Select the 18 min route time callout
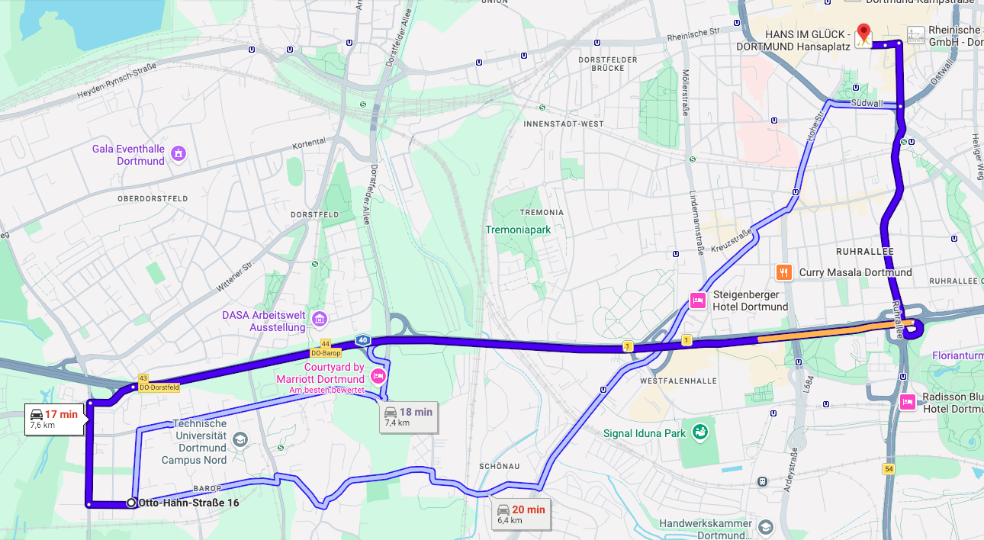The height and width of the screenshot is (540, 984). (409, 416)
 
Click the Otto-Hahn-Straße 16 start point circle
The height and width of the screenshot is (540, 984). (131, 503)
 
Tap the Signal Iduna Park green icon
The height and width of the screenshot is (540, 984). (699, 433)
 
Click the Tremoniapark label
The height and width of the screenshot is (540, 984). (518, 229)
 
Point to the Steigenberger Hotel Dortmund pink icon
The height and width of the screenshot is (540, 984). (697, 301)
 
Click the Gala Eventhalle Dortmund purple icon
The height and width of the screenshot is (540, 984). (178, 154)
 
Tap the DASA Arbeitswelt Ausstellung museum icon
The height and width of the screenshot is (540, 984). (320, 318)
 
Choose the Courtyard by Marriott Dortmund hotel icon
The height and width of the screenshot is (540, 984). (378, 375)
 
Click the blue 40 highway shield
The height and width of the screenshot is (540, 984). (362, 341)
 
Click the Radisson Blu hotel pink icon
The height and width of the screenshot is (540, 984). (907, 401)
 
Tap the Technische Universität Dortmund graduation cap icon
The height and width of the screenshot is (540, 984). (240, 439)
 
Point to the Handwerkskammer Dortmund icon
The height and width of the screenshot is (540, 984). (765, 526)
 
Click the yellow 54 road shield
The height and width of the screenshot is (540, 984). (889, 469)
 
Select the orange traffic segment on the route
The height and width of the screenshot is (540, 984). (824, 331)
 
